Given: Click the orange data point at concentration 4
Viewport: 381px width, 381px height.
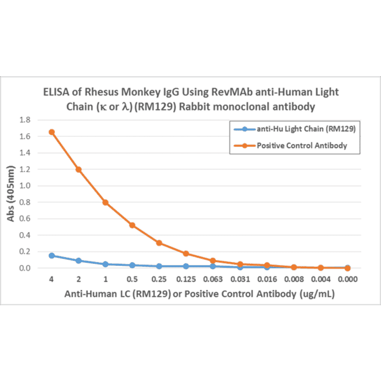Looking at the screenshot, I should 51,132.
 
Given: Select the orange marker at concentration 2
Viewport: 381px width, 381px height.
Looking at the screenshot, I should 78,170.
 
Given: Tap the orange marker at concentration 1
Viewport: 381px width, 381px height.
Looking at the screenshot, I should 105,202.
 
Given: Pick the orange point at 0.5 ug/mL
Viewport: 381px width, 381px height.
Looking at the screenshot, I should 132,225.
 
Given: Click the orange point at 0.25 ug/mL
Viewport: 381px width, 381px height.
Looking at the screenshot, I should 159,243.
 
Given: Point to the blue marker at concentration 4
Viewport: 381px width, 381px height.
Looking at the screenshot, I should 51,256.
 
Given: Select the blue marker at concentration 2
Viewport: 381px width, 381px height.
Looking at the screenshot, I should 78,261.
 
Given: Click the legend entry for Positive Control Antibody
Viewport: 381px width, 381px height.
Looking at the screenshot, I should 301,146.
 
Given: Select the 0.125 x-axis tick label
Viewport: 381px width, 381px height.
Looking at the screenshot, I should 186,279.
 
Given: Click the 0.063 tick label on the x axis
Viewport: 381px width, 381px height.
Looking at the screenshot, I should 212,279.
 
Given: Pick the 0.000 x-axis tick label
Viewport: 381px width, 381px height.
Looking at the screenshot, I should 347,279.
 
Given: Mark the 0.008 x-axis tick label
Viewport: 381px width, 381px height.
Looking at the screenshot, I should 293,279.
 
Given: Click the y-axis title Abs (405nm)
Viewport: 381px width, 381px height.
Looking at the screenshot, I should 11,193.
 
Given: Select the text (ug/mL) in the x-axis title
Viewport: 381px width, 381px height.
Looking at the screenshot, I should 317,295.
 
